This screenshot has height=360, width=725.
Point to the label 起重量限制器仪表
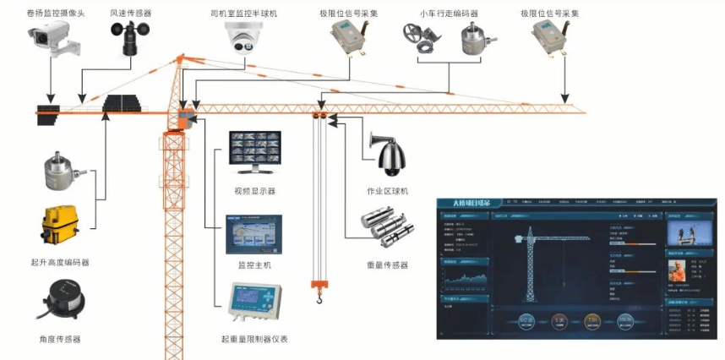tap(254, 339)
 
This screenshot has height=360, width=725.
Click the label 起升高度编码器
tap(59, 263)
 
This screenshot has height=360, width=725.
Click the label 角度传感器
tap(60, 339)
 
